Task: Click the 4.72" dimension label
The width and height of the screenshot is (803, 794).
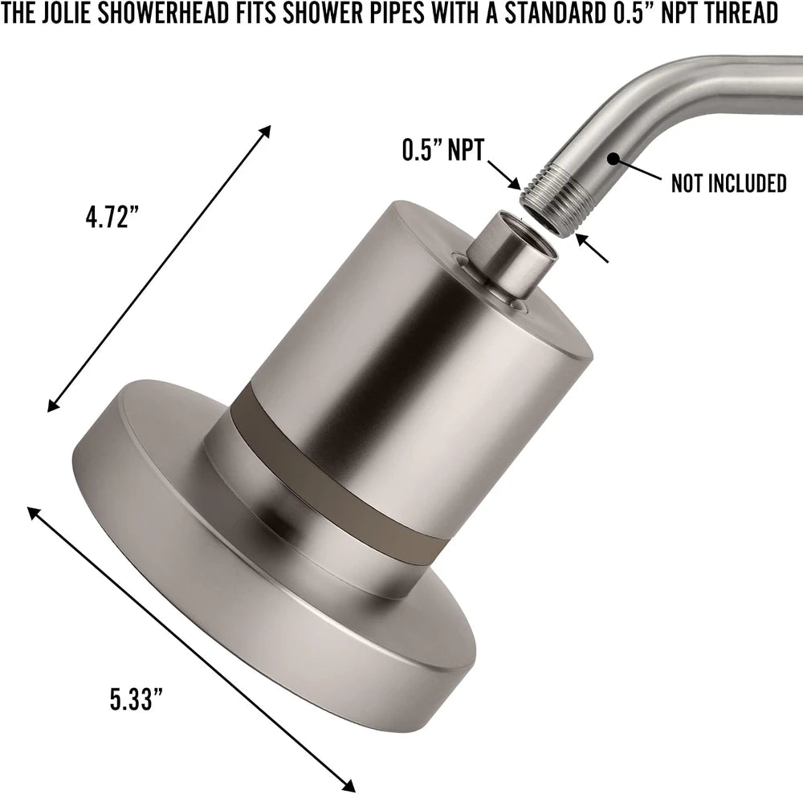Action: click(112, 216)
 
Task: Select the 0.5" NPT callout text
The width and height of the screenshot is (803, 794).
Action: click(442, 150)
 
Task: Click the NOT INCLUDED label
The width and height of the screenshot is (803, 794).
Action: click(728, 183)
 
